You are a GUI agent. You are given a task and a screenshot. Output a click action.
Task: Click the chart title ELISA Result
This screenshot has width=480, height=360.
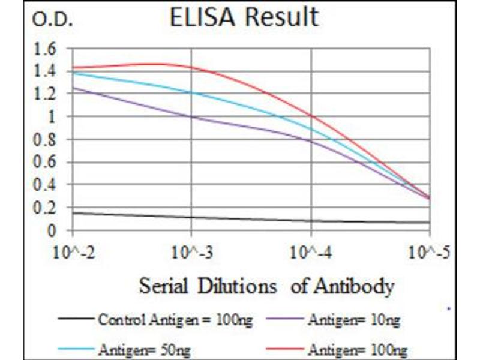coord(244,17)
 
